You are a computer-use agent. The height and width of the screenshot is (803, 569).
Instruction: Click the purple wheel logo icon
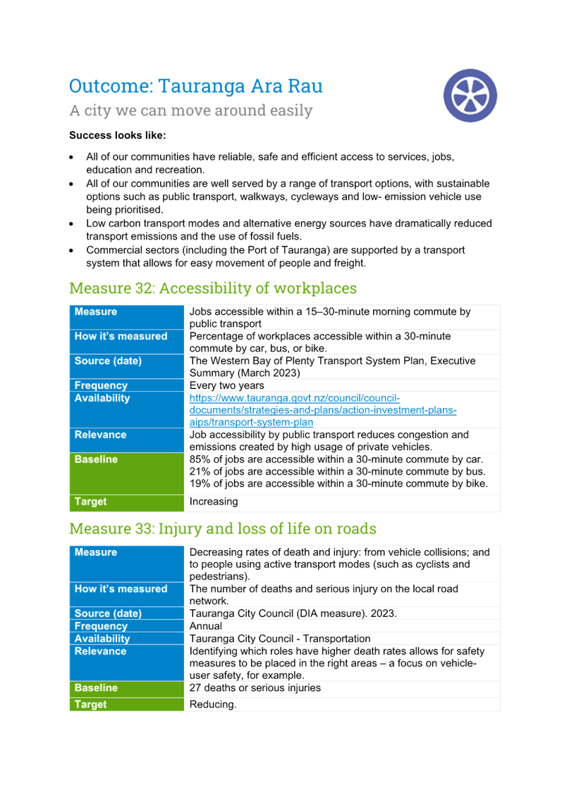[470, 95]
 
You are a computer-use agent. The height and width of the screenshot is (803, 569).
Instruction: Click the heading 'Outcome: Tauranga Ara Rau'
[196, 86]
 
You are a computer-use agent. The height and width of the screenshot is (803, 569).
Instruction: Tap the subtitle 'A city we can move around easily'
[191, 110]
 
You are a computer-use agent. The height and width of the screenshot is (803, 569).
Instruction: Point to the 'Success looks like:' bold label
[117, 135]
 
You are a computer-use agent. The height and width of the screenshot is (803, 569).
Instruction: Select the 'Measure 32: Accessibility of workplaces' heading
[213, 288]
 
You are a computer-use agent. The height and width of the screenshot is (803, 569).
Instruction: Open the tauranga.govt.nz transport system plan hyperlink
[322, 410]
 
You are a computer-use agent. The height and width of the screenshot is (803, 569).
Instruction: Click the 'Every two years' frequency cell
[226, 385]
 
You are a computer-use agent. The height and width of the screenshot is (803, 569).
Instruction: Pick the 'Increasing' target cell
[213, 502]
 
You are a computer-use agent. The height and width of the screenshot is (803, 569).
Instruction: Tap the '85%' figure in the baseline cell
[200, 459]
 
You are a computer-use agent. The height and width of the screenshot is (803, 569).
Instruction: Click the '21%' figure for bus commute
[200, 472]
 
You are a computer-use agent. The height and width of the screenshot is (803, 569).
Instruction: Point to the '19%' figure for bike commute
[200, 483]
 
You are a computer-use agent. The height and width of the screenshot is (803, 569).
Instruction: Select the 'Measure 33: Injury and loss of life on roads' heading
[223, 528]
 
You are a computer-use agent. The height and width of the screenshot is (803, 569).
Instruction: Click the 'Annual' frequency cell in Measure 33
[206, 625]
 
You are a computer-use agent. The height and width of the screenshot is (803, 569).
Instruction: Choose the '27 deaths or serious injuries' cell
[255, 687]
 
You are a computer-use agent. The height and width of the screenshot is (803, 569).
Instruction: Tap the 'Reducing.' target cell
[213, 704]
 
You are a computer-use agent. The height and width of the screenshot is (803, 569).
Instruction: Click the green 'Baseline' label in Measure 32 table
[96, 459]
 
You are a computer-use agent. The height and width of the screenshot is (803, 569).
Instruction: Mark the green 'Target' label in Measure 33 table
[90, 704]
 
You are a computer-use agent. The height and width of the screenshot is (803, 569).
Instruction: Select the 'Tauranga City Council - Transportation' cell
[280, 639]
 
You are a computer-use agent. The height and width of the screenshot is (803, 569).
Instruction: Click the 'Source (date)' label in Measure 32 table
[108, 361]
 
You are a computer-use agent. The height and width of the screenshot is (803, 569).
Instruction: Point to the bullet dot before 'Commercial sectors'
[71, 251]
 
